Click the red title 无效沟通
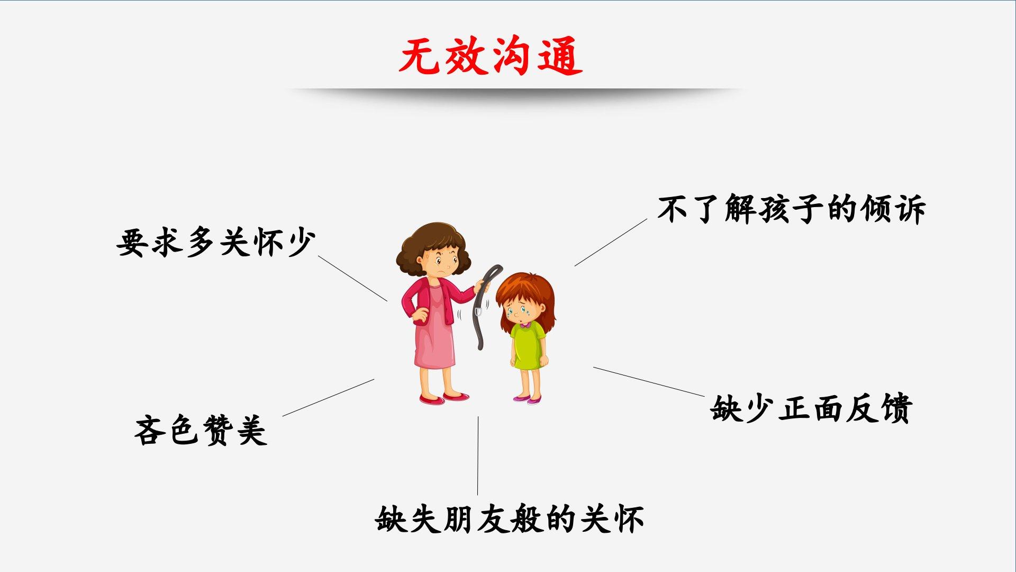click(x=491, y=56)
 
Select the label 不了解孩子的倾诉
click(x=791, y=209)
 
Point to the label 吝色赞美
click(x=201, y=430)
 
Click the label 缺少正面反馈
click(x=811, y=408)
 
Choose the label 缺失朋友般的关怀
click(x=510, y=519)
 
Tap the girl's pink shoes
click(x=527, y=399)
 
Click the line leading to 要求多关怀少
click(x=352, y=279)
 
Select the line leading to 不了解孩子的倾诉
click(x=611, y=242)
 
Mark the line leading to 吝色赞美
click(x=328, y=398)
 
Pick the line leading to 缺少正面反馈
click(x=649, y=381)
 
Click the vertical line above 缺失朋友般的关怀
click(x=478, y=455)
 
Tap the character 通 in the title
click(x=561, y=56)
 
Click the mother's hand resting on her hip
click(x=420, y=315)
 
